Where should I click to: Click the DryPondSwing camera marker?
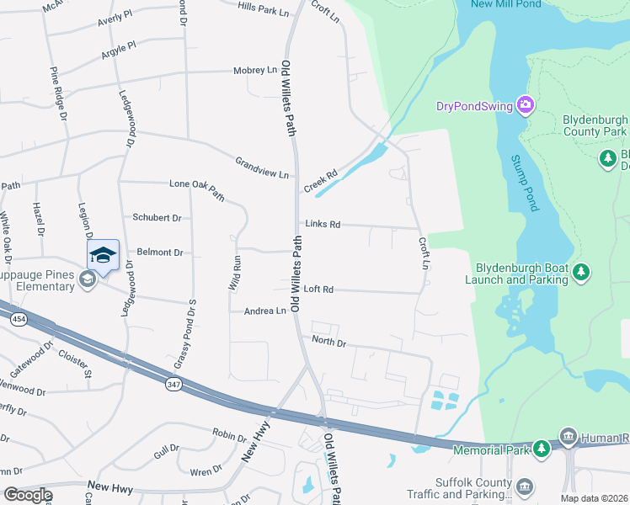pyautogui.click(x=526, y=105)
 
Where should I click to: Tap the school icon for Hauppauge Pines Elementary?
pyautogui.click(x=88, y=279)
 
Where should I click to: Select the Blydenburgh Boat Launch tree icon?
pyautogui.click(x=580, y=272)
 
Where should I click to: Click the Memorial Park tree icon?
pyautogui.click(x=544, y=450)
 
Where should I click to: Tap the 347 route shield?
pyautogui.click(x=174, y=385)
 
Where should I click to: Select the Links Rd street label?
pyautogui.click(x=323, y=225)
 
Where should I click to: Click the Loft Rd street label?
pyautogui.click(x=318, y=290)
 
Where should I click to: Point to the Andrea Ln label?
pyautogui.click(x=264, y=311)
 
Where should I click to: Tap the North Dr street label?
pyautogui.click(x=328, y=343)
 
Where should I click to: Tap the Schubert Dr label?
pyautogui.click(x=157, y=217)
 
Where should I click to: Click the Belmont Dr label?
pyautogui.click(x=159, y=252)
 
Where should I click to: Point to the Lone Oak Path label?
pyautogui.click(x=197, y=189)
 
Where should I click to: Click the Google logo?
pyautogui.click(x=28, y=495)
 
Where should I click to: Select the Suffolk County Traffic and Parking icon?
pyautogui.click(x=525, y=486)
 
